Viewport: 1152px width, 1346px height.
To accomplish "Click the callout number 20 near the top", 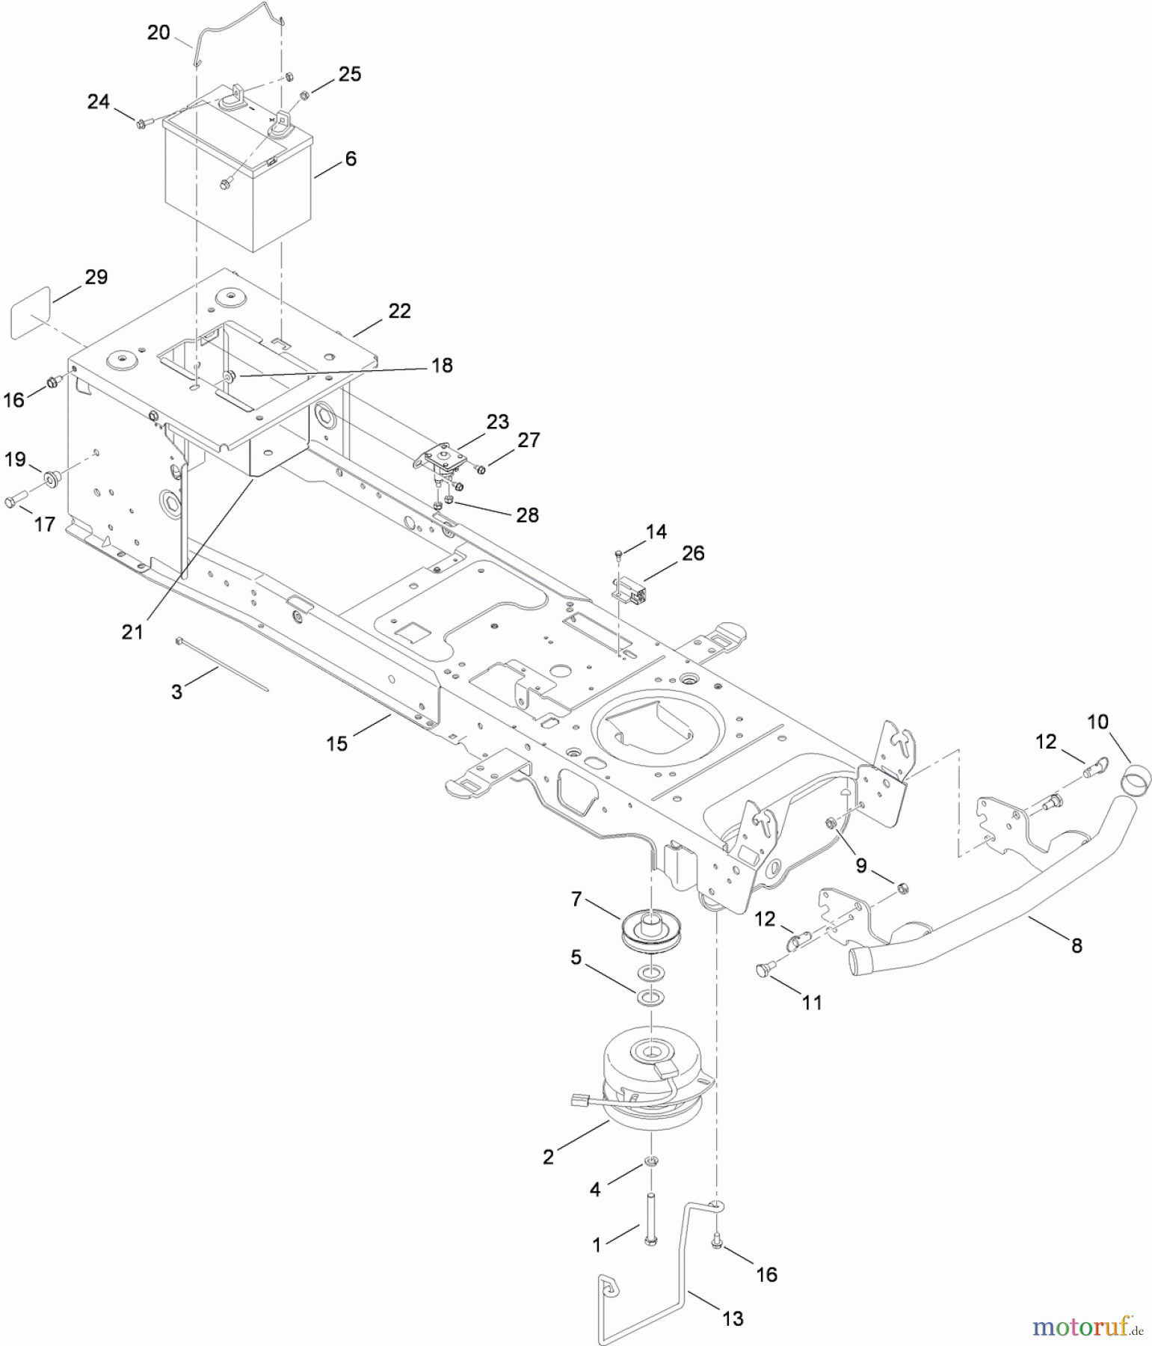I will [x=158, y=33].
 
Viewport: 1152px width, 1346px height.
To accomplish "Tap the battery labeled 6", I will [x=238, y=187].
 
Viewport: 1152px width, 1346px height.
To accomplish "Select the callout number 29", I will [x=96, y=277].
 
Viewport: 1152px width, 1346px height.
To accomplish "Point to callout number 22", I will [x=400, y=311].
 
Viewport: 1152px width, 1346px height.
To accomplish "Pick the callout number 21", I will [x=132, y=632].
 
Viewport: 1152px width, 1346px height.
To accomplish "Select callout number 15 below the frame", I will [x=337, y=743].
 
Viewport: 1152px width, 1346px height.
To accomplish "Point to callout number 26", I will [x=693, y=553].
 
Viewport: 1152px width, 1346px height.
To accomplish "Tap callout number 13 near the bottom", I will [x=733, y=1318].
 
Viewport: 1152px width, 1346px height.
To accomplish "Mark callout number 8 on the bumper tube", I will [x=1076, y=946].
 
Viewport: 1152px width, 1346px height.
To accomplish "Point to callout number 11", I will [x=812, y=1003].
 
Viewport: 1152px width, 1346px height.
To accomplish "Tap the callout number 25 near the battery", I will [x=349, y=74].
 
